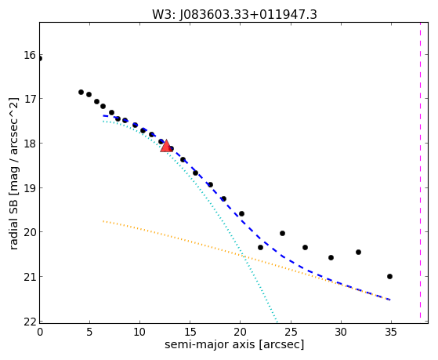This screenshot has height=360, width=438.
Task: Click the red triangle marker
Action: tap(166, 146)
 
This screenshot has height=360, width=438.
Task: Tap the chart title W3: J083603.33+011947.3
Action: tap(234, 14)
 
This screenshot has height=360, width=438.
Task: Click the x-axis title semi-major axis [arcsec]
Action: tap(234, 344)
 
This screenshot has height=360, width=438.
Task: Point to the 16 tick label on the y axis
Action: tap(30, 55)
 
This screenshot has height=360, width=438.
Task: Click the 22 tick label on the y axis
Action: tap(30, 322)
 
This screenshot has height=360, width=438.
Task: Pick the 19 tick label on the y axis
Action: tap(30, 188)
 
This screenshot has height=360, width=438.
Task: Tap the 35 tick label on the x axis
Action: tap(391, 332)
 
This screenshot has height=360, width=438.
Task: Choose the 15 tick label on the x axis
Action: tap(190, 332)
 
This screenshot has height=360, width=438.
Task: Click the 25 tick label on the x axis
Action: tap(291, 332)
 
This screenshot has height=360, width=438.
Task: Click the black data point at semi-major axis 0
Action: tap(39, 59)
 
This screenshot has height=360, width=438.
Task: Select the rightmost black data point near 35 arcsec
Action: tap(389, 276)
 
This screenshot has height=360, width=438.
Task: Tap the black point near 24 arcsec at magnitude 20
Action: tap(282, 233)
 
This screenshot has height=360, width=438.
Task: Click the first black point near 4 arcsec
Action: tap(81, 92)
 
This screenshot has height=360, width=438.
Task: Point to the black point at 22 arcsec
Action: tap(260, 247)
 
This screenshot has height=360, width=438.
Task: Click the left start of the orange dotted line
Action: tap(103, 221)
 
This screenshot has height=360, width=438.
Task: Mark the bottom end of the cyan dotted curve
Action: tap(277, 322)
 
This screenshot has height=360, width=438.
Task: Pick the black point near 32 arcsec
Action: tap(358, 252)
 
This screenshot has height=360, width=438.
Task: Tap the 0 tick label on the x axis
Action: tap(40, 332)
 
